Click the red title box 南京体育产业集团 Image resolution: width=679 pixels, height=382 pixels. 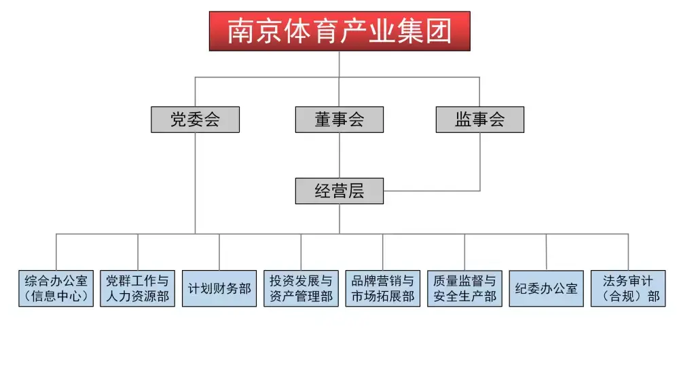(x=339, y=31)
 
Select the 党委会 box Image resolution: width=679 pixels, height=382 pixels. (x=195, y=120)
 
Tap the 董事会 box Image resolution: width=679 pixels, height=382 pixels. (x=339, y=120)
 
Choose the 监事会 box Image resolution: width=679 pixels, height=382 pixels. (x=479, y=120)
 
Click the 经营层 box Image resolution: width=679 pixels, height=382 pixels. (x=339, y=191)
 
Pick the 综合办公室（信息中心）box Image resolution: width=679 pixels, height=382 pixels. (x=56, y=288)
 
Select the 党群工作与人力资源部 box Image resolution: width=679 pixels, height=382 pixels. (x=138, y=288)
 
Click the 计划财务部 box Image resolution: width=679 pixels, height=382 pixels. (x=219, y=288)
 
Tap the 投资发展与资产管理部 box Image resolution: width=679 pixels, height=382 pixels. (x=301, y=288)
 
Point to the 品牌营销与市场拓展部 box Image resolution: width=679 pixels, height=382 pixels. (x=382, y=288)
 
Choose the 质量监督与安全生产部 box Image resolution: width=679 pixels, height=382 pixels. (x=464, y=288)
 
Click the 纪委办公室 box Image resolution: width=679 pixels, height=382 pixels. (x=546, y=288)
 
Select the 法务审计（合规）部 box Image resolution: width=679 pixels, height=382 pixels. (x=628, y=288)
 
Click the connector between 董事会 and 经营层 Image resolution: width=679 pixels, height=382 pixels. (x=339, y=155)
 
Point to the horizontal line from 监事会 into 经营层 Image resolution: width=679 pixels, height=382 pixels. (x=432, y=191)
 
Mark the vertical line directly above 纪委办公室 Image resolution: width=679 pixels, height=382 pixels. (x=547, y=252)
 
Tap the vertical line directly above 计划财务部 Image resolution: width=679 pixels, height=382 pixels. (x=219, y=252)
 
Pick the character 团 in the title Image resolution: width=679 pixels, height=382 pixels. (x=439, y=31)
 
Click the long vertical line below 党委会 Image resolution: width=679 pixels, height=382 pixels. (x=196, y=183)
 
